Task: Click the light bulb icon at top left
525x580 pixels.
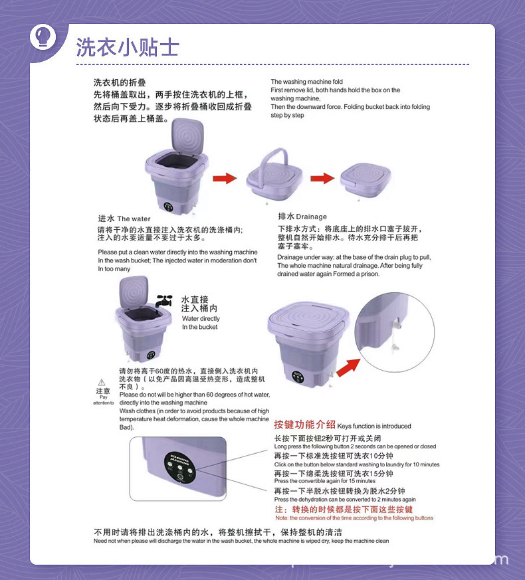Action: tap(44, 36)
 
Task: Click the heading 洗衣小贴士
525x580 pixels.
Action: tap(128, 47)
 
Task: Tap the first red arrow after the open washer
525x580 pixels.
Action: tap(225, 178)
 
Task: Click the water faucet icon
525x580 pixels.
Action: tap(163, 300)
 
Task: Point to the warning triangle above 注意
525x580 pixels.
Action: tap(102, 382)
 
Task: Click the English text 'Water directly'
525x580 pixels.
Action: tap(201, 319)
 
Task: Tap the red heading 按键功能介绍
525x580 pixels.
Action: tap(304, 425)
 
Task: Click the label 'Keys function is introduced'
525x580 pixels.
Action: tap(374, 427)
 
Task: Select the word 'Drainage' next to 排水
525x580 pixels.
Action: tap(312, 217)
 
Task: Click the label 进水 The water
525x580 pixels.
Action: tap(124, 219)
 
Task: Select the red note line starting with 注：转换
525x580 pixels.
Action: tap(344, 510)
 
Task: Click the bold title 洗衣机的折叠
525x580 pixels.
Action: tap(120, 83)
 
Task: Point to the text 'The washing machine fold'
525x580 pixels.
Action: tap(306, 82)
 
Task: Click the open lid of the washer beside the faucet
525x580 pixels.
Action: tap(134, 292)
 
